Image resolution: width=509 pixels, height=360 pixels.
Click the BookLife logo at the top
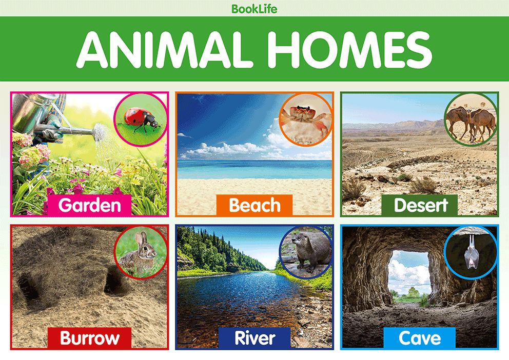(254, 9)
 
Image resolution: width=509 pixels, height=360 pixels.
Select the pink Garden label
(89, 205)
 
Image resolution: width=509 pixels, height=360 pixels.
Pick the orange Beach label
(254, 205)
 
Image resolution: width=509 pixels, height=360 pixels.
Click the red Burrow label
(89, 338)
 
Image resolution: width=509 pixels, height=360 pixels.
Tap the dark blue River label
(255, 338)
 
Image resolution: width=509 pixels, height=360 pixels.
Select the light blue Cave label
(420, 338)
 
